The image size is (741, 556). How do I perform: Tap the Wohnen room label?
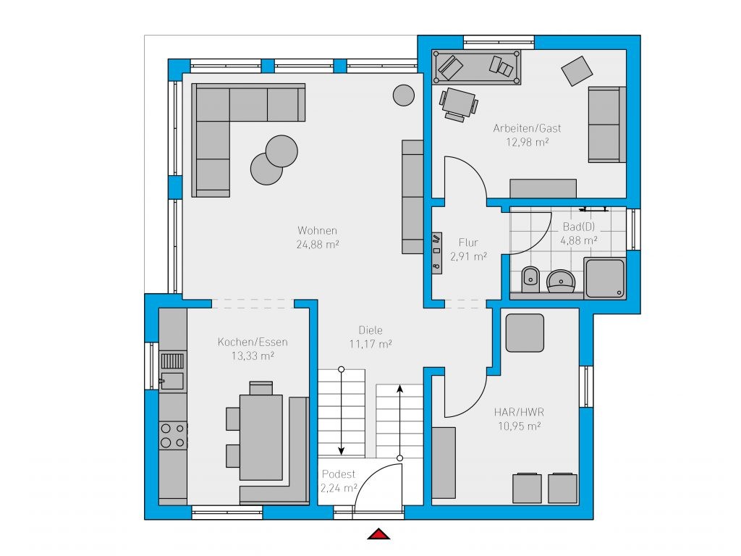point(317,231)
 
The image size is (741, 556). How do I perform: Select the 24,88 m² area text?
point(318,245)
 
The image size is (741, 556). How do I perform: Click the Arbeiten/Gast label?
point(527,128)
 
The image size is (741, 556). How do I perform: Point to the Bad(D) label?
point(578,227)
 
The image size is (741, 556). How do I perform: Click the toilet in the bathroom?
point(530,279)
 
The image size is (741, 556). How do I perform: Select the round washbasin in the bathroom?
point(561,282)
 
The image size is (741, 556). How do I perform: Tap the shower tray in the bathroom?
point(605,279)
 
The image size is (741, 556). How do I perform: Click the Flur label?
point(468,243)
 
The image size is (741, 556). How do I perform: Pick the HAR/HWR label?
point(519,412)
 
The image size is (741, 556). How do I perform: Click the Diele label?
point(370,330)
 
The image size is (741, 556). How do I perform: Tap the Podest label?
point(339,474)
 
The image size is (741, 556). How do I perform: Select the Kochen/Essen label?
point(253,342)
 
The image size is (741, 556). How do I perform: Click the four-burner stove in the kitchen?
point(173,435)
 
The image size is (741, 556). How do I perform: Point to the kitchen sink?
point(172,371)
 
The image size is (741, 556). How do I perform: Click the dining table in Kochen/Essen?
point(261,437)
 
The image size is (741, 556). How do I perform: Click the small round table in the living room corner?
point(404,95)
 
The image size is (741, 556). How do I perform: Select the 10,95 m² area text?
point(519,426)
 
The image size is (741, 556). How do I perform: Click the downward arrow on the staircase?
point(342,412)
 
